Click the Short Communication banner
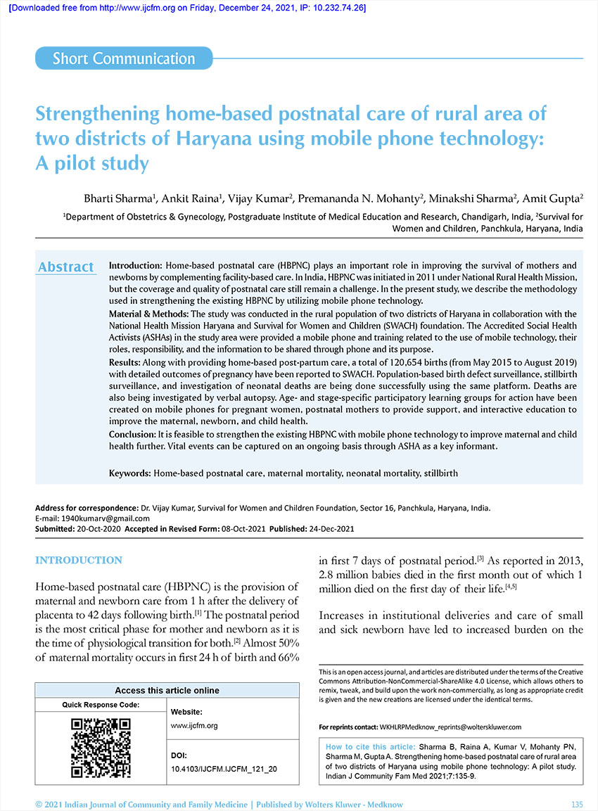pyautogui.click(x=124, y=58)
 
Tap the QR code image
pyautogui.click(x=101, y=748)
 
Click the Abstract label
pyautogui.click(x=65, y=267)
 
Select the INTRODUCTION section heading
pyautogui.click(x=79, y=561)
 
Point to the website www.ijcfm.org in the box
pyautogui.click(x=194, y=725)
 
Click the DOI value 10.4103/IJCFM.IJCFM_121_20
pyautogui.click(x=224, y=770)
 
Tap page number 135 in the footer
pyautogui.click(x=577, y=804)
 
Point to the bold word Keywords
pyautogui.click(x=129, y=473)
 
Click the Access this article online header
pyautogui.click(x=167, y=690)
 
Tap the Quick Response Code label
pyautogui.click(x=101, y=704)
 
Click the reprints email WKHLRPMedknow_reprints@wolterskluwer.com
pyautogui.click(x=450, y=726)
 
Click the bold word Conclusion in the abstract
pyautogui.click(x=132, y=435)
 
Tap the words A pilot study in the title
pyautogui.click(x=92, y=164)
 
